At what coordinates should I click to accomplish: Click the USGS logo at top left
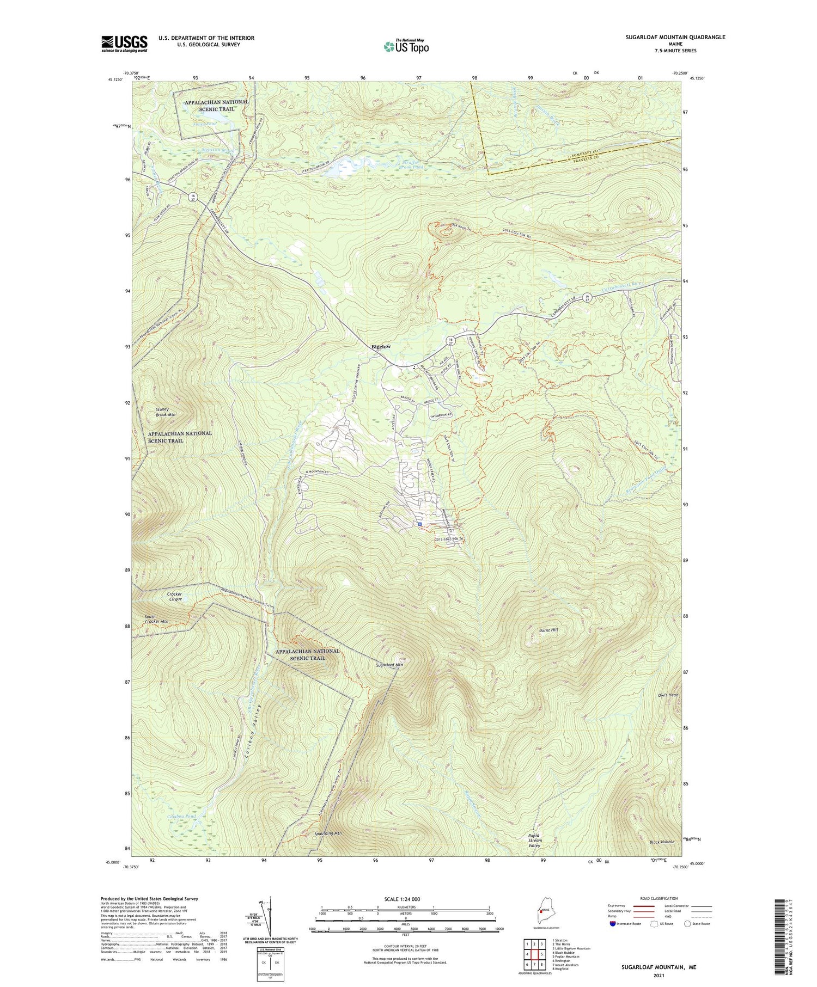click(124, 44)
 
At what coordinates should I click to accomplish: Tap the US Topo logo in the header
click(406, 47)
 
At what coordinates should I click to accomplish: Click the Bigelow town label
click(381, 346)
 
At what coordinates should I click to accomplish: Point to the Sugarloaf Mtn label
click(389, 665)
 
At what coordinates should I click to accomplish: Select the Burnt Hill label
click(548, 630)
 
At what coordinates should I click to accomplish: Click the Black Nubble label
click(662, 842)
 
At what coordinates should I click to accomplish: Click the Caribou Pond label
click(181, 817)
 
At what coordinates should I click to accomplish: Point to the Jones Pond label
click(204, 124)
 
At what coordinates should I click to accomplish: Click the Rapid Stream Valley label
click(534, 840)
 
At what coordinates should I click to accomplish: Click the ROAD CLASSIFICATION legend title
click(659, 898)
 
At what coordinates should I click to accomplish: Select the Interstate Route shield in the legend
click(613, 923)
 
